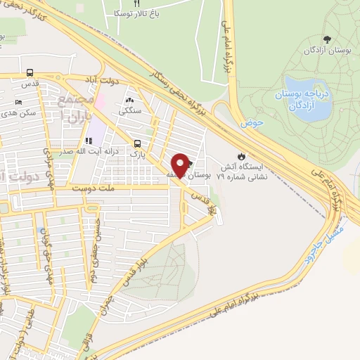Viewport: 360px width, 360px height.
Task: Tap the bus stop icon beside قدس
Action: pos(30,73)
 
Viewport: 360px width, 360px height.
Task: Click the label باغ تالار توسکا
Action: pos(138,13)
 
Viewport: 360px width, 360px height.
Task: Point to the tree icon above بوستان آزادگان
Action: pos(326,39)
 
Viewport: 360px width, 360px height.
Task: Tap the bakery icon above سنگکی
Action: pos(130,99)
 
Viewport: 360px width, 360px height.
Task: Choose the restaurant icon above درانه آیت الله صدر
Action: pos(89,140)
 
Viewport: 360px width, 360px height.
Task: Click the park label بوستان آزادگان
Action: pos(327,51)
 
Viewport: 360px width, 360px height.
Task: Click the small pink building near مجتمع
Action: pos(100,101)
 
